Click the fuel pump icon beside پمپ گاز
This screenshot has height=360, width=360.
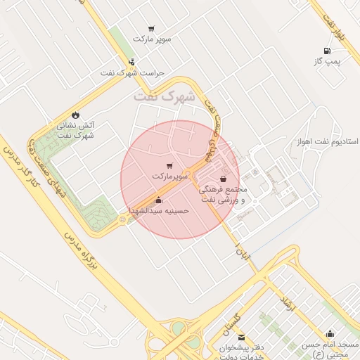tap(327, 51)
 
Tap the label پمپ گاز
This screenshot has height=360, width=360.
tap(327, 62)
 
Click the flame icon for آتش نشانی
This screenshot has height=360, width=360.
tap(75, 115)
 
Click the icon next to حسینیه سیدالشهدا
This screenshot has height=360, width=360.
tap(157, 200)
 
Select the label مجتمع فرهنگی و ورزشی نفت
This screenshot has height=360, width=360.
tap(223, 195)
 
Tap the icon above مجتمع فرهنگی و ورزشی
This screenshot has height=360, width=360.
tap(223, 179)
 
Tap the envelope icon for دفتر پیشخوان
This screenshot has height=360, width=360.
tap(241, 337)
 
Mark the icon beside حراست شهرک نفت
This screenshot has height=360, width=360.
tap(131, 63)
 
